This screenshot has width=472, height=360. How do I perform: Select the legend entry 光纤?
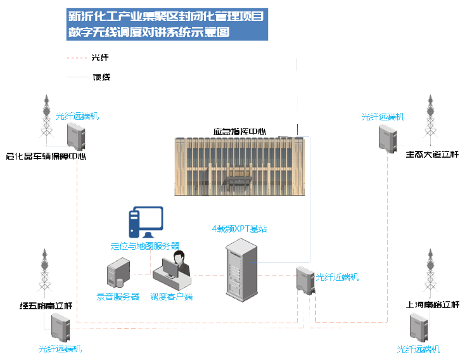[100, 58]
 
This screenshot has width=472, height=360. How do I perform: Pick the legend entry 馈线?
[101, 77]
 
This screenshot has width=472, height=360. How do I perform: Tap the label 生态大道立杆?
[431, 155]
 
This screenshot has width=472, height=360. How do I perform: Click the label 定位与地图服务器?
[145, 245]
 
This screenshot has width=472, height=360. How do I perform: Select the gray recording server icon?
[118, 274]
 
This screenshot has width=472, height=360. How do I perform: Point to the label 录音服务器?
[118, 296]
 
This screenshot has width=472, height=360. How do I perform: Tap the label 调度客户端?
[171, 296]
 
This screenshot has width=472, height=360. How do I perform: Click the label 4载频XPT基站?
[239, 228]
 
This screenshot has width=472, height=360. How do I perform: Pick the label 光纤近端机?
[337, 277]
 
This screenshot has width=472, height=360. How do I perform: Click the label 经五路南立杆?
[46, 306]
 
